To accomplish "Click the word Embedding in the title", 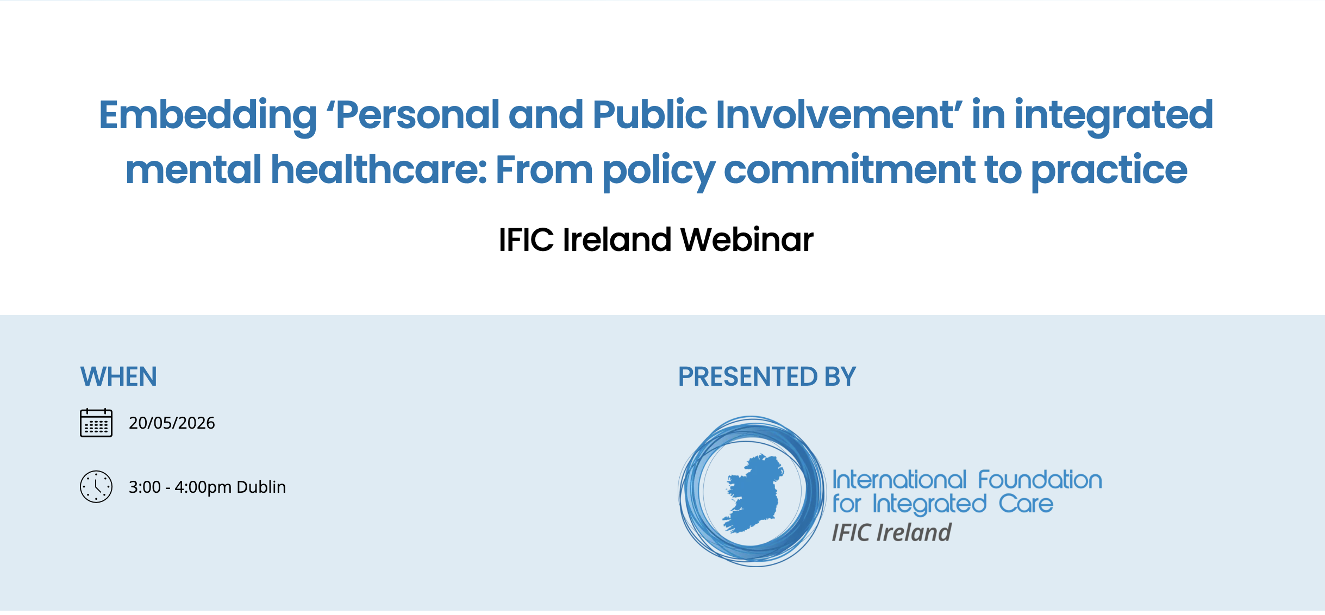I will (207, 115).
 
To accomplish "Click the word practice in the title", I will (1109, 171).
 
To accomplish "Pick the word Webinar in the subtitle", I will (747, 240).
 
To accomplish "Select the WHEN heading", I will (118, 376).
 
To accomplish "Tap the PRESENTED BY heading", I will (766, 376).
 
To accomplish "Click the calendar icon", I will (96, 423).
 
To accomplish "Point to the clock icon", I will (96, 486).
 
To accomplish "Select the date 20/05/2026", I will (172, 423).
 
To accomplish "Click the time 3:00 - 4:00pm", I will (180, 487).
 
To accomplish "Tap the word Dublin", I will (261, 487).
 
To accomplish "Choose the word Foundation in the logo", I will (1040, 480).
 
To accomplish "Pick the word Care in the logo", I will (1026, 504).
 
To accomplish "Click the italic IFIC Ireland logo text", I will (891, 532).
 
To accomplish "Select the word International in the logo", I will (899, 480).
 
